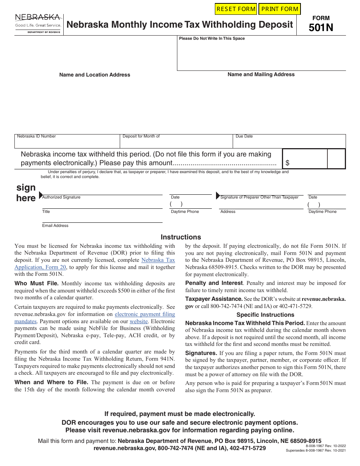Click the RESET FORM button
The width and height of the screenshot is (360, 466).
click(236, 9)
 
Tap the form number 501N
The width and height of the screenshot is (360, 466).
click(321, 28)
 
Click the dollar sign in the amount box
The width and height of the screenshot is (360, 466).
click(288, 163)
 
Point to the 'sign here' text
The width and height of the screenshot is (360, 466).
click(26, 192)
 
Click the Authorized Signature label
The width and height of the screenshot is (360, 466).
click(61, 197)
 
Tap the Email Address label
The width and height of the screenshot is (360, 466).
click(55, 226)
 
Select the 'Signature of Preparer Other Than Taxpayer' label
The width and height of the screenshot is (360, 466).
click(260, 197)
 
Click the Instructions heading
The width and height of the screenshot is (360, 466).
click(181, 237)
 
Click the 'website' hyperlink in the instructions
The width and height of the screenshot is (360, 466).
click(139, 321)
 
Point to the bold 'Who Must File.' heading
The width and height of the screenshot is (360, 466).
click(36, 283)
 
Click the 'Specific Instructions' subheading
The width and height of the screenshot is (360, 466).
click(265, 315)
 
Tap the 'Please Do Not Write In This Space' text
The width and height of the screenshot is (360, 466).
click(212, 39)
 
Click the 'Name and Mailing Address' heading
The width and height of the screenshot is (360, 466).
click(261, 75)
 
